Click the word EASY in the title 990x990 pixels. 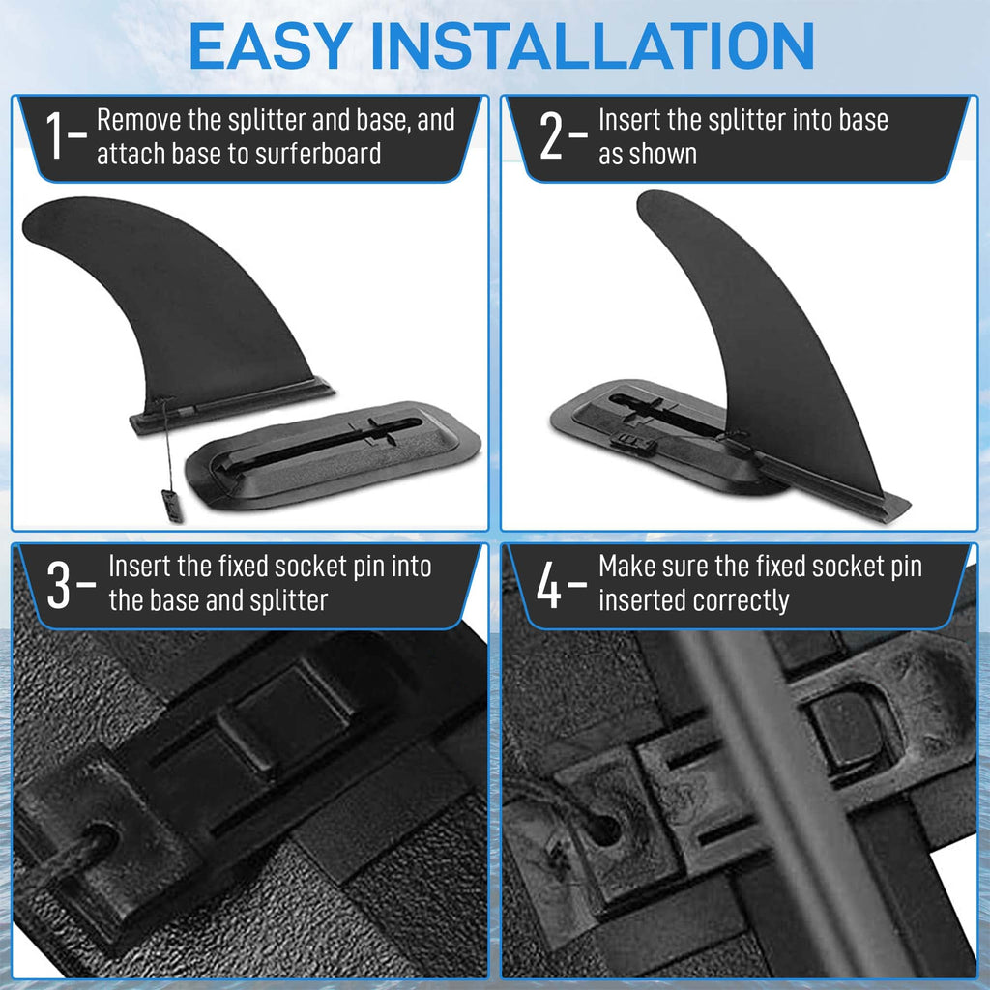click(271, 46)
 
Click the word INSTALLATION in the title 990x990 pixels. click(593, 46)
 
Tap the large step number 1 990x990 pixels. click(55, 135)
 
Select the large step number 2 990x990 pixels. click(550, 135)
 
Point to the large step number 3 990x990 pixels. click(58, 585)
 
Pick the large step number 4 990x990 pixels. click(549, 585)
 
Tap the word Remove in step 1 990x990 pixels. click(139, 119)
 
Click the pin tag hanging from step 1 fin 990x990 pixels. click(172, 506)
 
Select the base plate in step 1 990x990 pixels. click(333, 454)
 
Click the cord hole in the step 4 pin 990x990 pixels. click(603, 829)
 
